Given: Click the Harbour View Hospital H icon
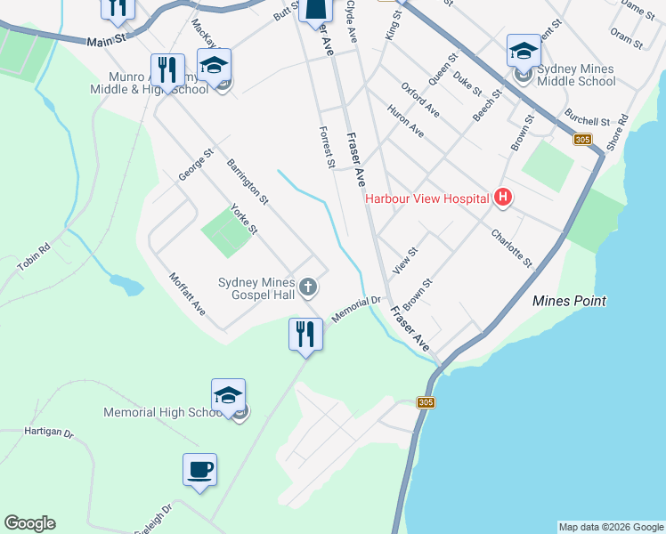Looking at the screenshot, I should point(503,198).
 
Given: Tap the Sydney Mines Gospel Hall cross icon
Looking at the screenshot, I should point(308,287).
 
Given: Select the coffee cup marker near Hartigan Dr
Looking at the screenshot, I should point(200,470).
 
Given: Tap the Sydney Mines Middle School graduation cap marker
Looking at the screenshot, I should point(524,52).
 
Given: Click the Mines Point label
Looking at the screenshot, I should point(569,301).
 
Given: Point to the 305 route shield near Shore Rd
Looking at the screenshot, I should point(582,140).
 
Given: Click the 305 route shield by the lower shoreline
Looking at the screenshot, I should point(426,403).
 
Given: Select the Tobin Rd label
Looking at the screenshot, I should point(33,258).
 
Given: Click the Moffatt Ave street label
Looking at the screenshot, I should point(188,295).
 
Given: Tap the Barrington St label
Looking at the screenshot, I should point(248,182).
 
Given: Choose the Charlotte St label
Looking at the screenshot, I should point(511,248).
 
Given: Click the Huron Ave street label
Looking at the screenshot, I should point(405,121).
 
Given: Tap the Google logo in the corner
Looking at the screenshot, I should point(29,523).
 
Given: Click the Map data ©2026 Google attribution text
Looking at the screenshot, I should point(611,527).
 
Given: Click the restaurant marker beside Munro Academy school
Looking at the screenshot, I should point(167,69).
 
